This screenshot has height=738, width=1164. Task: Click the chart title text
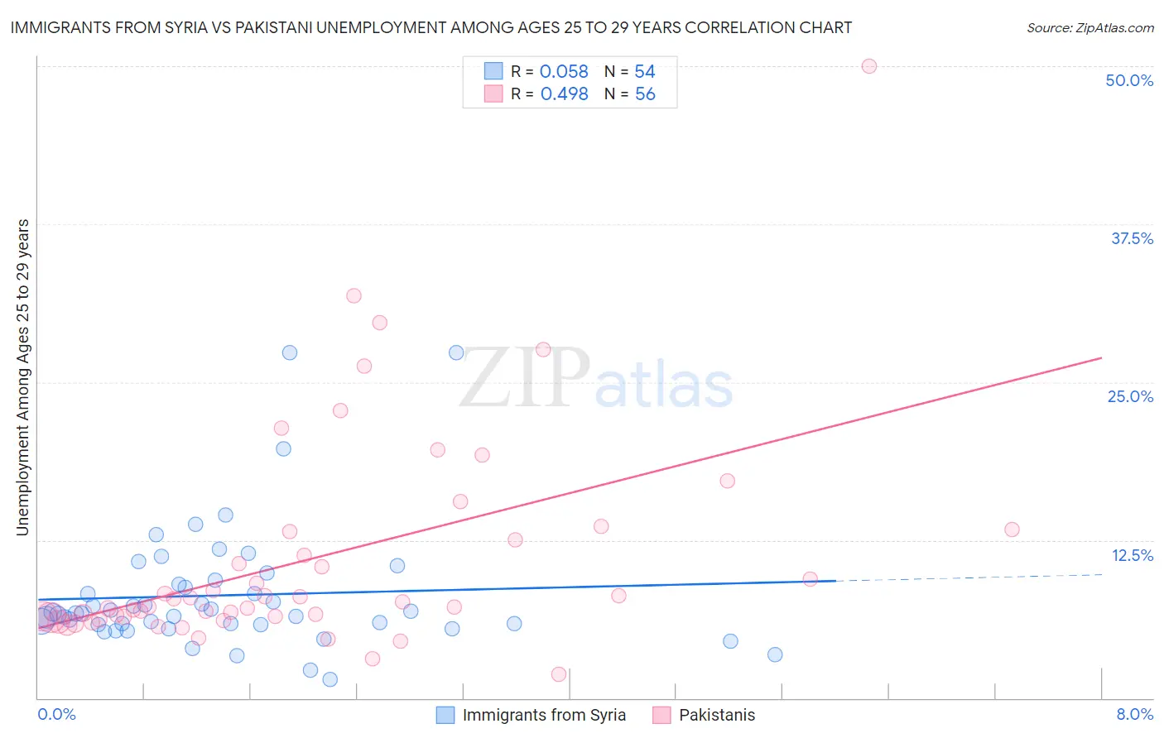point(430,27)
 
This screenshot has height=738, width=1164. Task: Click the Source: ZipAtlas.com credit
point(1089,27)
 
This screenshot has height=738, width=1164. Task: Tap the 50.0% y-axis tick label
point(1129,80)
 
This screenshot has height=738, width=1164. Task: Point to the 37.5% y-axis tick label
point(1132,238)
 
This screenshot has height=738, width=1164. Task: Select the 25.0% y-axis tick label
point(1130,396)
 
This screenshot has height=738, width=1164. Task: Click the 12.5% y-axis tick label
point(1132,555)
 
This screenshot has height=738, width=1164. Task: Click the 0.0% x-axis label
point(56,715)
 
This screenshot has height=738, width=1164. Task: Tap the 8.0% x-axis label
point(1134,715)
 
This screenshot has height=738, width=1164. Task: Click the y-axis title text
point(22,377)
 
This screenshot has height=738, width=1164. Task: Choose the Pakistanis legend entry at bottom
point(716,716)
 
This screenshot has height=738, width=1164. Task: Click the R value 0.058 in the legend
point(564,72)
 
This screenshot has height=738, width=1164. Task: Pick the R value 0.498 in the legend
point(564,94)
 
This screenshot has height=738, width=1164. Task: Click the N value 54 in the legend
point(645,72)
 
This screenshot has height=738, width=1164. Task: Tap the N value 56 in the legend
point(645,94)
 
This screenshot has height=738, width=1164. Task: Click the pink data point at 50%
point(869,66)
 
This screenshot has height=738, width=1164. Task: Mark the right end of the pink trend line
point(1101,357)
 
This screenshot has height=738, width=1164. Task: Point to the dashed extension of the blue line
point(969,577)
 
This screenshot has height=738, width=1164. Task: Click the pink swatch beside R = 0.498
point(493,93)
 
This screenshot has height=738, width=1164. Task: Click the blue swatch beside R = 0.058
point(493,71)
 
